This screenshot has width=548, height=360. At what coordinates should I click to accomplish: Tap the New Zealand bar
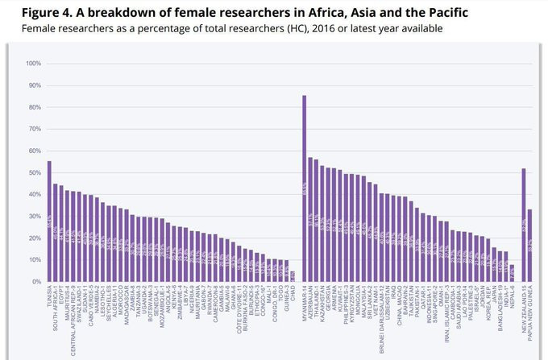pos(524,226)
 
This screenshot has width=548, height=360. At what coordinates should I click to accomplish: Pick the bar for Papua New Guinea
pos(529,246)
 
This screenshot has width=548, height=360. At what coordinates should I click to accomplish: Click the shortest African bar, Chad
pos(292,276)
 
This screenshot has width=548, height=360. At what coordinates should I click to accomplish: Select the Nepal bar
pos(511,273)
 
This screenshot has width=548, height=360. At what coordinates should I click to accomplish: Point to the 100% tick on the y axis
pos(33,64)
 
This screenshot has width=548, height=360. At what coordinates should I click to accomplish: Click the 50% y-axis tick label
pos(35,172)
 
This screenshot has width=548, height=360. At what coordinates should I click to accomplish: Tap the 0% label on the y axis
pos(36,282)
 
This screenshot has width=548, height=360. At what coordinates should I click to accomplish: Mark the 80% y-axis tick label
pos(35,107)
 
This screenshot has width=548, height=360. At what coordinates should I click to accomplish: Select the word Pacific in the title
pos(445,14)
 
